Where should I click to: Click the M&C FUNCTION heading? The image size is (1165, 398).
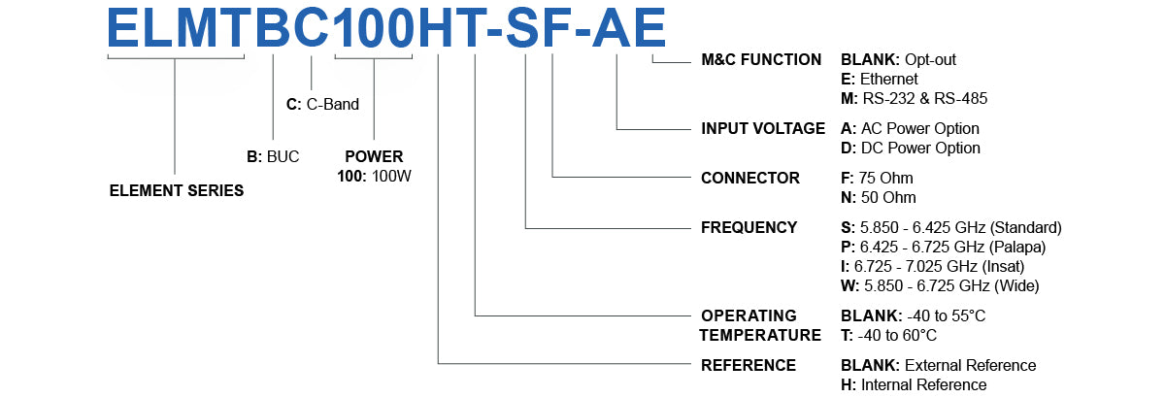(x=760, y=59)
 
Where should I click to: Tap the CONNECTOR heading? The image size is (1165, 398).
(x=749, y=178)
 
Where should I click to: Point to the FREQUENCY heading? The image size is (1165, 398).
(x=749, y=227)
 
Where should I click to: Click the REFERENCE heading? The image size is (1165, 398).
(x=748, y=365)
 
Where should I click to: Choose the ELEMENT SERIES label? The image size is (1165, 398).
(x=176, y=191)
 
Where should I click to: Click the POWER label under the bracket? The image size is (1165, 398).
(x=374, y=156)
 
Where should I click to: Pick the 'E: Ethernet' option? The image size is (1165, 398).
(x=879, y=79)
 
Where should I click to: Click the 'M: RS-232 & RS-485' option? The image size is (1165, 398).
(x=914, y=98)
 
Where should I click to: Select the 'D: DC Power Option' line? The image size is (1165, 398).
(x=910, y=148)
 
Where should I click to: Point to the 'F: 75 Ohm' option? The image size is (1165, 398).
(x=877, y=178)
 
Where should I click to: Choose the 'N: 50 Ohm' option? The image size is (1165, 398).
(x=878, y=197)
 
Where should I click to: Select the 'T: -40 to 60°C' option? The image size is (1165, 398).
(x=888, y=335)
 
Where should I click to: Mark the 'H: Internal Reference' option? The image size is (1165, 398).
(x=913, y=384)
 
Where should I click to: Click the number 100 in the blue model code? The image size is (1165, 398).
(x=372, y=27)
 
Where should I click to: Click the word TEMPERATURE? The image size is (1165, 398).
(x=761, y=335)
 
